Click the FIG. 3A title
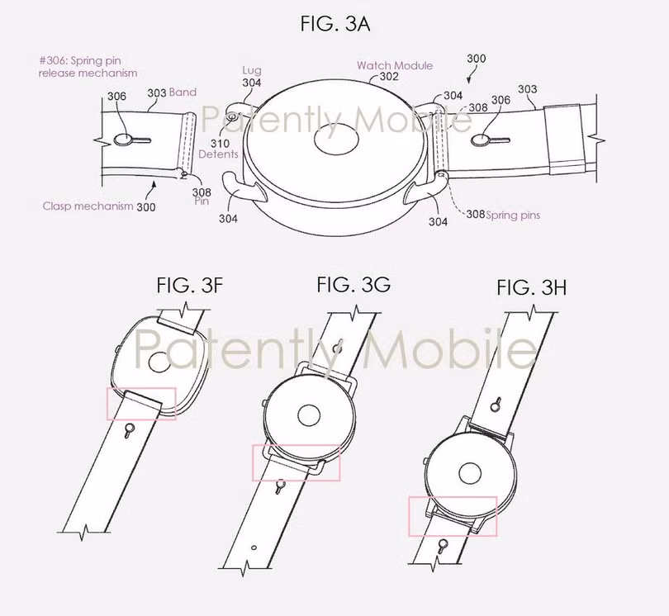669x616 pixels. (x=335, y=24)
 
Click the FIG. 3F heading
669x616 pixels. (x=189, y=286)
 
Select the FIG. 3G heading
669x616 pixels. (x=353, y=284)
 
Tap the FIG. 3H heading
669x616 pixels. (x=532, y=287)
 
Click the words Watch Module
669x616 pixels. (x=395, y=66)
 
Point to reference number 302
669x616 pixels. (x=389, y=77)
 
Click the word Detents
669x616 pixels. (x=218, y=154)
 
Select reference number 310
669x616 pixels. (x=220, y=144)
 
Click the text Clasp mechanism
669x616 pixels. (x=88, y=206)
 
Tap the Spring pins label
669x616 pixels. (x=513, y=215)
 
